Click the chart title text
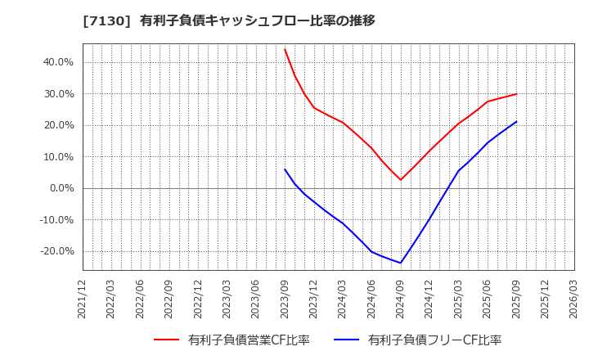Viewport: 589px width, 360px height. pos(228,20)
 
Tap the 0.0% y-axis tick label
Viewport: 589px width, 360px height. pos(61,188)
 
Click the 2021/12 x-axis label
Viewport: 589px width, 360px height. pos(83,299)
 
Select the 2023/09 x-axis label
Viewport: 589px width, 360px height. pos(285,299)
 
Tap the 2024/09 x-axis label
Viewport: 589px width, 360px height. pos(400,299)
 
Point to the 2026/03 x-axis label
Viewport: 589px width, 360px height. pos(573,299)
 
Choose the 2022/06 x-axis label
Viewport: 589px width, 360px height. pos(141,299)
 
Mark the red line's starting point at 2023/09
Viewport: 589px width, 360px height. pos(285,49)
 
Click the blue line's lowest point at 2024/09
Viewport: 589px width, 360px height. pos(400,263)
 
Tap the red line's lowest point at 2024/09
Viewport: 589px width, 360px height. pos(400,180)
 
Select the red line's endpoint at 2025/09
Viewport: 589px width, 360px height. pos(516,94)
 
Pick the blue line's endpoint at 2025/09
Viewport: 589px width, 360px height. pos(516,122)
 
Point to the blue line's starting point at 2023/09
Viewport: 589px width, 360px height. pos(285,169)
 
